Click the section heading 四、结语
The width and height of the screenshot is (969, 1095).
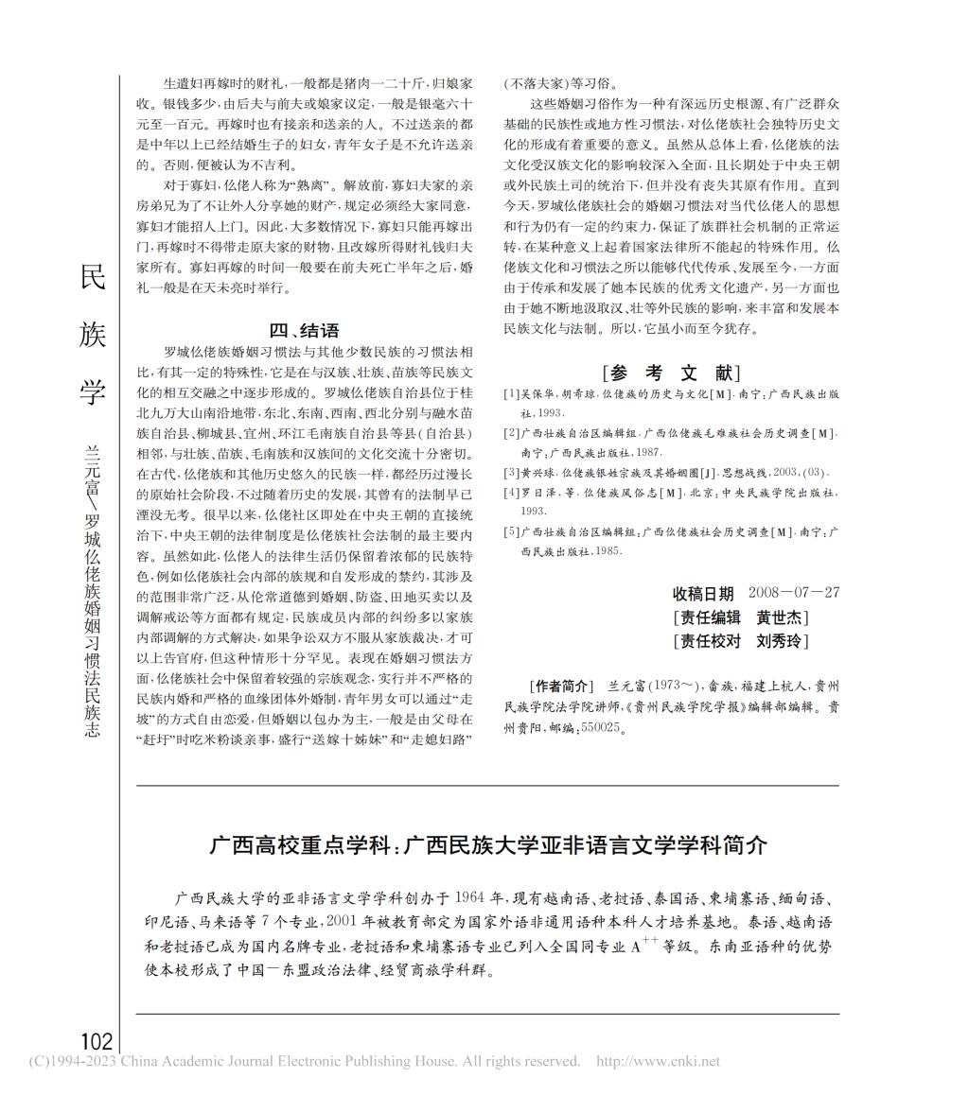click(x=304, y=330)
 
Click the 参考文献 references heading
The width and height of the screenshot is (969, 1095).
click(x=671, y=372)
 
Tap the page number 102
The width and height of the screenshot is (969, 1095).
click(x=97, y=1041)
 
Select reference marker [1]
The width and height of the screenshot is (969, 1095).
click(x=511, y=394)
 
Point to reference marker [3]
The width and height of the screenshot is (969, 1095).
click(x=511, y=472)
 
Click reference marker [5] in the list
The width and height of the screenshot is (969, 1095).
click(x=511, y=532)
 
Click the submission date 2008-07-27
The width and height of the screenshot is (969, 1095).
click(x=793, y=594)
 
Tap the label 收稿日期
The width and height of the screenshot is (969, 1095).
click(x=703, y=594)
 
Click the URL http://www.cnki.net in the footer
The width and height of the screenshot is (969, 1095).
click(x=658, y=1061)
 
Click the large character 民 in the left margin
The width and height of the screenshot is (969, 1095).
click(x=92, y=277)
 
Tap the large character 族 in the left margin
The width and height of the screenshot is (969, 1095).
click(x=92, y=334)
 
